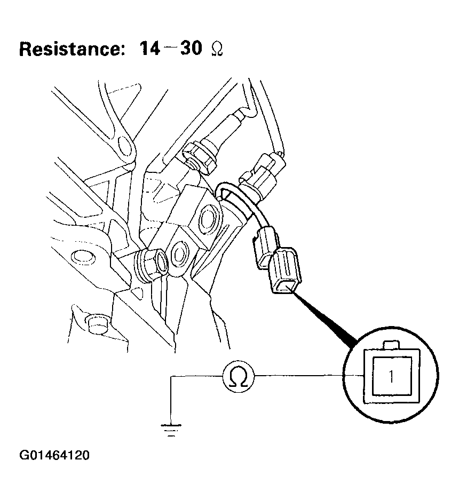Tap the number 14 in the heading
[x=150, y=49]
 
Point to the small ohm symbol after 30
[x=216, y=50]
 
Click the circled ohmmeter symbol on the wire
[x=239, y=377]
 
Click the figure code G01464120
[x=54, y=456]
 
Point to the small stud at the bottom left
[x=97, y=323]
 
